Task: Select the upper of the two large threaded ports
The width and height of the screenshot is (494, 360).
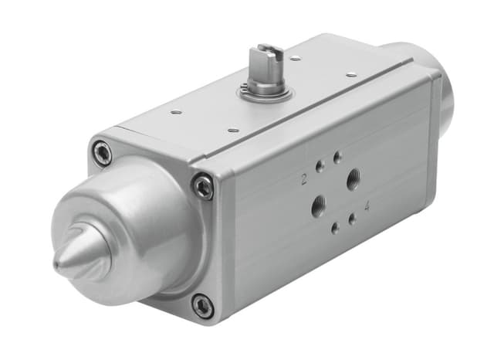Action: click(354, 181)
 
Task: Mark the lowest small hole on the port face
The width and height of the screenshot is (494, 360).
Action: click(333, 228)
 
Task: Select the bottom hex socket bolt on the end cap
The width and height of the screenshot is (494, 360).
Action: click(202, 305)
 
